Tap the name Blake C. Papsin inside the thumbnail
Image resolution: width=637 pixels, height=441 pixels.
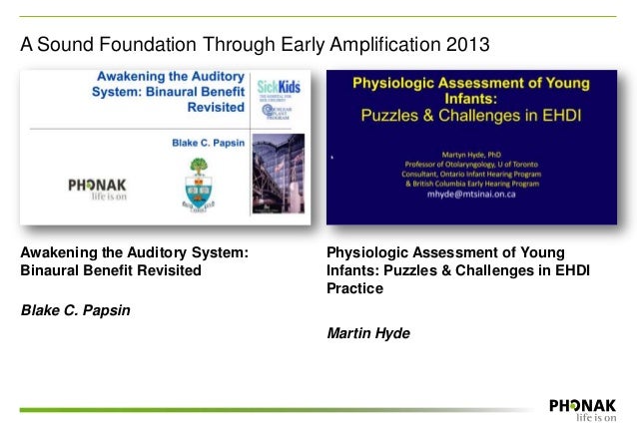pos(212,143)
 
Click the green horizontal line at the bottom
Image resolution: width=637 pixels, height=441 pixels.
pos(280,409)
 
